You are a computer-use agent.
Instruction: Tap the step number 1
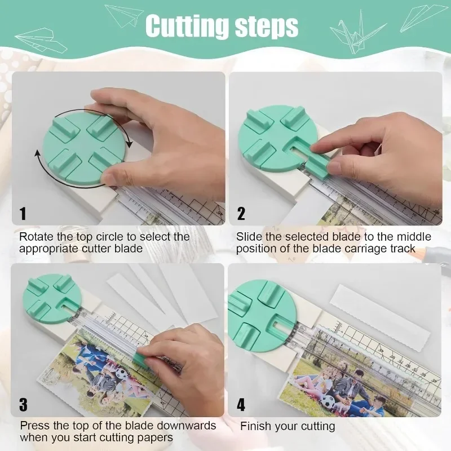click(23, 214)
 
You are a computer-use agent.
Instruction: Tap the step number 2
click(241, 214)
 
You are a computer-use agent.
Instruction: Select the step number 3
click(23, 404)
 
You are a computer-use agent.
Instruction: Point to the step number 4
click(241, 404)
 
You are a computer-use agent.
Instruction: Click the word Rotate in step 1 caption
click(36, 237)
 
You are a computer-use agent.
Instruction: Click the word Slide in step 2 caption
click(249, 237)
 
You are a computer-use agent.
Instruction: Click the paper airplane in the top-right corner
click(423, 17)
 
